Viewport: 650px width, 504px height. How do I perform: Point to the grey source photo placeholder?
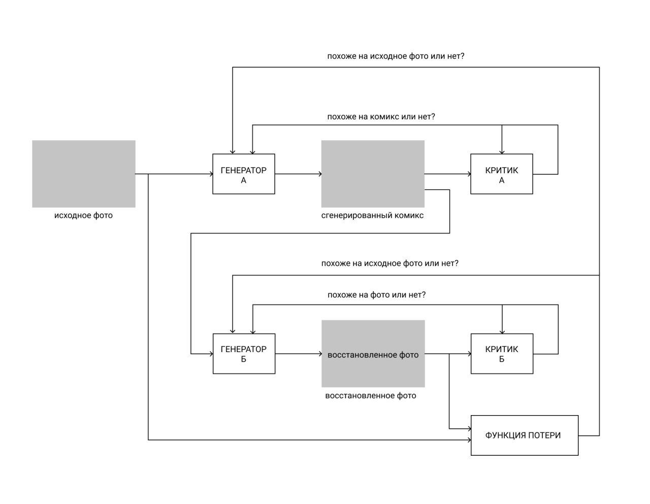pyautogui.click(x=84, y=174)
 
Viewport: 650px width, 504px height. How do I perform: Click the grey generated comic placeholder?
pyautogui.click(x=373, y=174)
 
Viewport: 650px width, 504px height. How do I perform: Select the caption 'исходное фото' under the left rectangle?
pyautogui.click(x=83, y=215)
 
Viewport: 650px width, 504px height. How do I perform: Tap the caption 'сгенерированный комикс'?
pyautogui.click(x=372, y=215)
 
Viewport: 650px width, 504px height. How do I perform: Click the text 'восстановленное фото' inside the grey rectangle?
pyautogui.click(x=373, y=355)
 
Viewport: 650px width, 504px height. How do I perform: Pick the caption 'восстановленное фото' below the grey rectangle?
pyautogui.click(x=371, y=396)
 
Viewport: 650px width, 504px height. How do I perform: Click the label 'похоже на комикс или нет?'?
pyautogui.click(x=381, y=117)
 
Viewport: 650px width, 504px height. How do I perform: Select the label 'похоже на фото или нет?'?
pyautogui.click(x=377, y=295)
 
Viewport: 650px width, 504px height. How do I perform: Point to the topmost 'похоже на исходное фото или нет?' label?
pyautogui.click(x=396, y=56)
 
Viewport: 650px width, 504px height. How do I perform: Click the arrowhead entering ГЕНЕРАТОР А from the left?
pyautogui.click(x=211, y=174)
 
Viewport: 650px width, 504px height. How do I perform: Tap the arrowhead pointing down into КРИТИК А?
pyautogui.click(x=502, y=152)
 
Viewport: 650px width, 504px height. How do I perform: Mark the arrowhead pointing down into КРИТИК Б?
pyautogui.click(x=502, y=332)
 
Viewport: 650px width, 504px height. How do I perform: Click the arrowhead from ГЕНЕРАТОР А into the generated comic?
pyautogui.click(x=320, y=174)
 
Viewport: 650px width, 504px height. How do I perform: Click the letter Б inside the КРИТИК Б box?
pyautogui.click(x=502, y=359)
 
